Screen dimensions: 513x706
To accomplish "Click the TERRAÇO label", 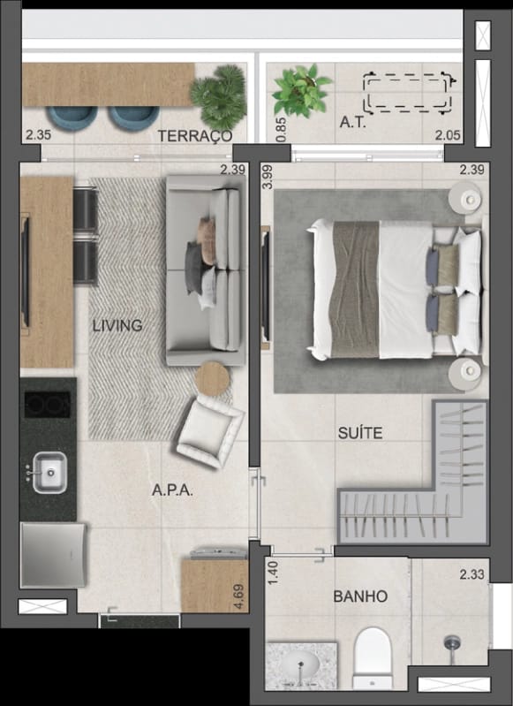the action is pos(195,136).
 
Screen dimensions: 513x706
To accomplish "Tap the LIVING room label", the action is pos(117,325).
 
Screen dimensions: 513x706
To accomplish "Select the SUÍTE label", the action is pos(360,433).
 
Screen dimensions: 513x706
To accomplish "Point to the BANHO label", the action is pos(360,596).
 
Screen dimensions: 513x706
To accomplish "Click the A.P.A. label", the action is pos(172,490).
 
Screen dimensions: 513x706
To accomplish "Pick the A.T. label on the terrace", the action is pos(353,122).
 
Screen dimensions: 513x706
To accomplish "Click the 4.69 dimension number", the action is pos(239,596).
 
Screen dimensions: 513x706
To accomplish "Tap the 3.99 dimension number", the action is pos(268,177).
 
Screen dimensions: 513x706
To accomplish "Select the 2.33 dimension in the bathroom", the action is pos(472,574).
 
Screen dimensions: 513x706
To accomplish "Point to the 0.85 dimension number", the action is pos(281,130).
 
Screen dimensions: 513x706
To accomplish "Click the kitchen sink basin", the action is pos(49,473).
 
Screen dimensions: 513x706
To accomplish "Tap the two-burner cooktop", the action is pos(48,405).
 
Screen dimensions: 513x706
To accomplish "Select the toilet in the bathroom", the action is pos(373,657).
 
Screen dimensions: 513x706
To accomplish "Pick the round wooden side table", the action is pos(212,379).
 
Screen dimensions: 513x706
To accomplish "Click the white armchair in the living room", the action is pos(210,431).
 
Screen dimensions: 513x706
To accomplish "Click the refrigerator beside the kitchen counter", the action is pos(53,555).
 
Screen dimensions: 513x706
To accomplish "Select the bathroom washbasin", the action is pos(300,665).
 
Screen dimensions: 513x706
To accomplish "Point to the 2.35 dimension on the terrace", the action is pos(38,134).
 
